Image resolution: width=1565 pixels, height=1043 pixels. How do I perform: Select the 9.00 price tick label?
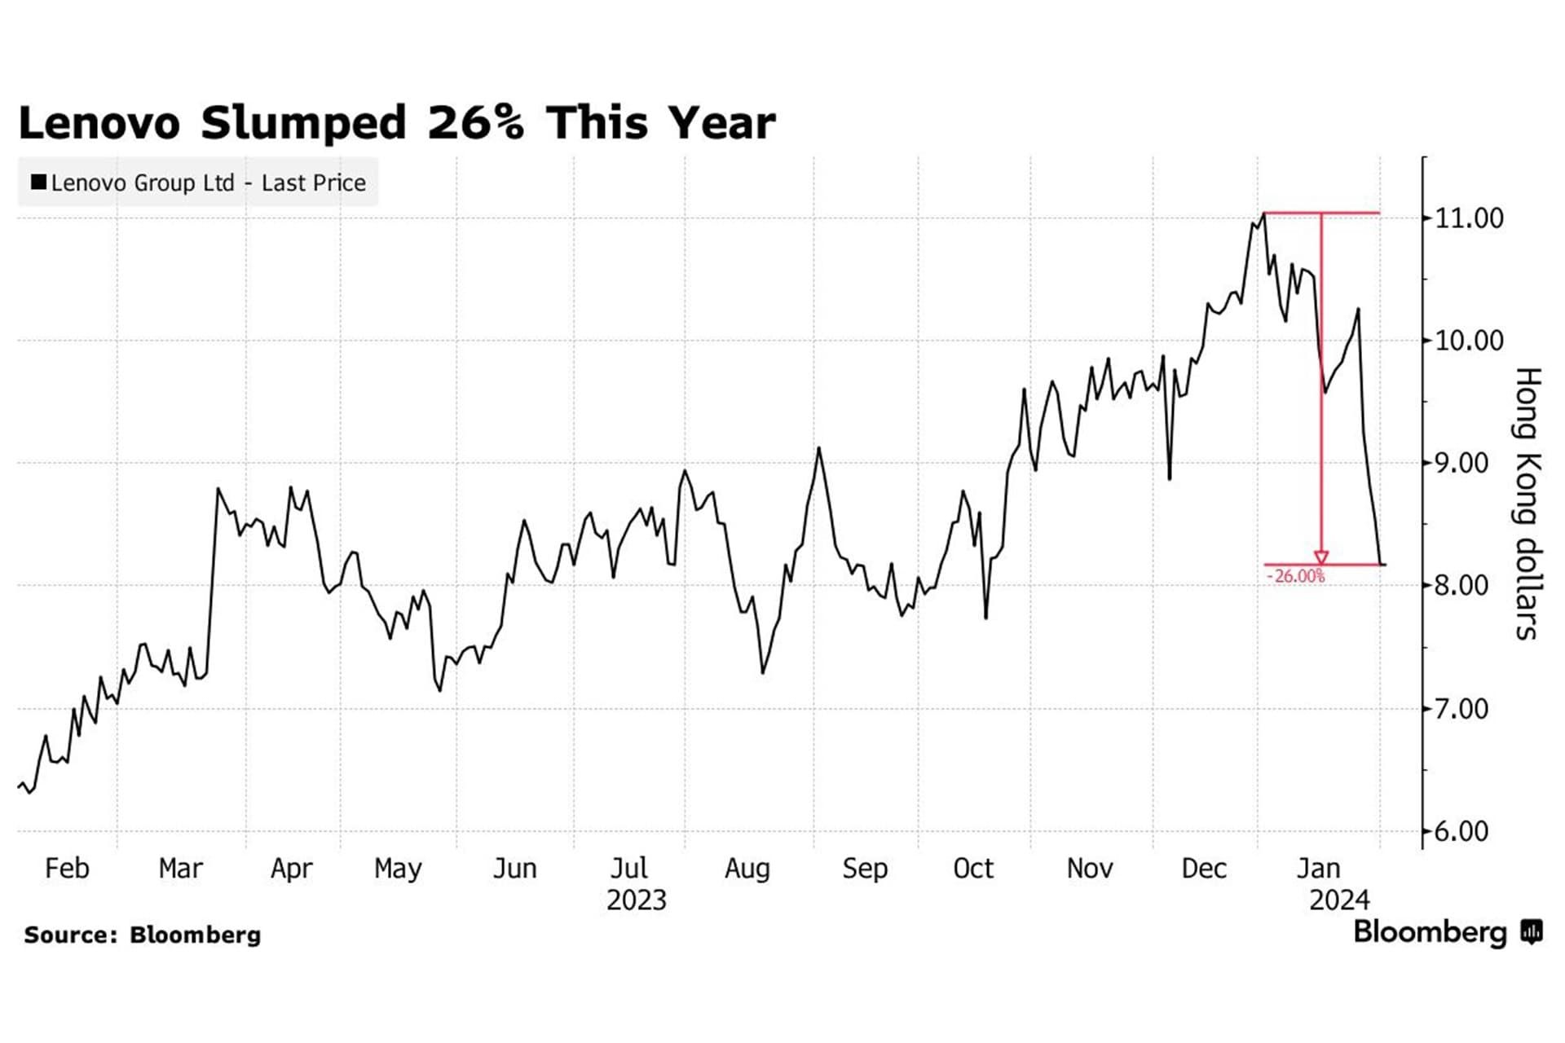pyautogui.click(x=1467, y=464)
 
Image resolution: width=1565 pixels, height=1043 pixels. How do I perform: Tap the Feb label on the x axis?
pyautogui.click(x=67, y=869)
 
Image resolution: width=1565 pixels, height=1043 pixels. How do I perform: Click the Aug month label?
pyautogui.click(x=747, y=869)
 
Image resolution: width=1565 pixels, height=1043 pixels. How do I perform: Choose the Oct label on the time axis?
pyautogui.click(x=973, y=869)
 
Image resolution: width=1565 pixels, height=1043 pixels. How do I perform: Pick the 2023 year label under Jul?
pyautogui.click(x=637, y=900)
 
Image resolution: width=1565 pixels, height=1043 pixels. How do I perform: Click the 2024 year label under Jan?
pyautogui.click(x=1339, y=900)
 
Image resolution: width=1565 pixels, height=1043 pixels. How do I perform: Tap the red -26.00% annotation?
pyautogui.click(x=1295, y=577)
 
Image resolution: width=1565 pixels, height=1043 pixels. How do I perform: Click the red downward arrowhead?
pyautogui.click(x=1321, y=557)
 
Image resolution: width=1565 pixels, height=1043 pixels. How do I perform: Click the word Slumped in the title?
pyautogui.click(x=303, y=123)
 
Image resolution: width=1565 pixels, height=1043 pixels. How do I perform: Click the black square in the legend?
pyautogui.click(x=38, y=182)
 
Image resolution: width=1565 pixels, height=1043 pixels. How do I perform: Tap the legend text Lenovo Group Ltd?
pyautogui.click(x=143, y=183)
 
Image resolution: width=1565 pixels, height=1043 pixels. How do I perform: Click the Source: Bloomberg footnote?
pyautogui.click(x=143, y=935)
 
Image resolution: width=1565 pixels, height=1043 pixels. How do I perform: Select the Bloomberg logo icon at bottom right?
pyautogui.click(x=1532, y=931)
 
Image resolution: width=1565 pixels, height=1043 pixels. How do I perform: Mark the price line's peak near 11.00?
pyautogui.click(x=1263, y=213)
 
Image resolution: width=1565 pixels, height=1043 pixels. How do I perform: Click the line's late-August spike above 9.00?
pyautogui.click(x=818, y=448)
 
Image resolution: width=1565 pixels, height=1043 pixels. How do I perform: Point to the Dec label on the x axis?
pyautogui.click(x=1204, y=869)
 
